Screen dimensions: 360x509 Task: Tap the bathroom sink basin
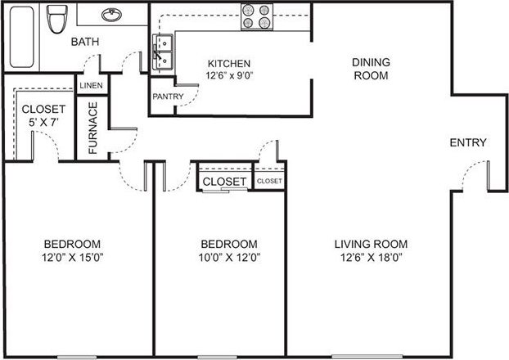pos(109,14)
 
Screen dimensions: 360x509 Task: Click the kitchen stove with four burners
pos(256,16)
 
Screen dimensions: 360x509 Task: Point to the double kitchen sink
pos(162,51)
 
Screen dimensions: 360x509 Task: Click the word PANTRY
pos(168,96)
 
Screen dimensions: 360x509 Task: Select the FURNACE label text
pos(92,128)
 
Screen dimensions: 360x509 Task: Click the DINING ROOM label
pos(369,69)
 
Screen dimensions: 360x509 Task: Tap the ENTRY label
pos(468,142)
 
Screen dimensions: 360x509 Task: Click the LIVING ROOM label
pos(371,244)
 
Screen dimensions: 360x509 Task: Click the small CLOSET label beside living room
pos(269,181)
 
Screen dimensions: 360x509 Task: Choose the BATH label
pos(85,42)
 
